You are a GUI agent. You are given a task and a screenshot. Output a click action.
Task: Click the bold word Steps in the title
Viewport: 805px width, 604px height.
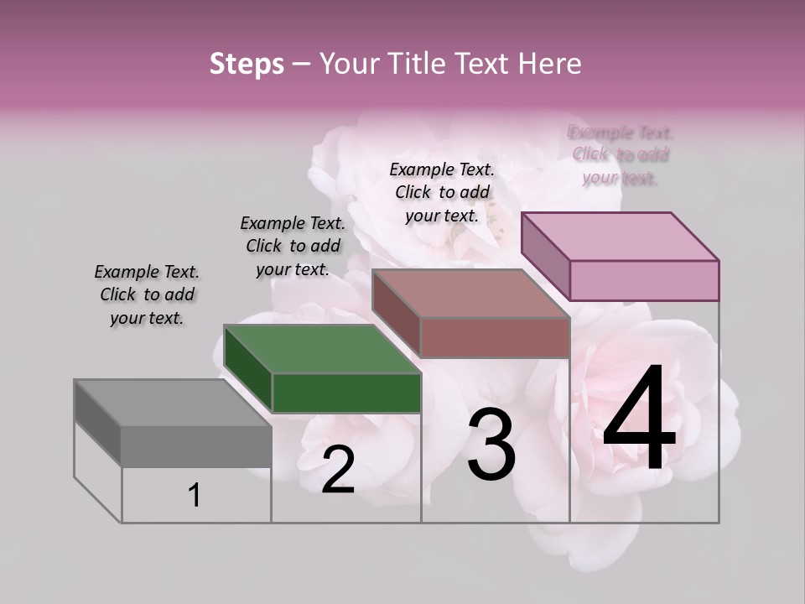click(x=247, y=64)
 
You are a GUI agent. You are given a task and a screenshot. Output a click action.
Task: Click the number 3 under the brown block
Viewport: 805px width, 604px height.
click(x=491, y=445)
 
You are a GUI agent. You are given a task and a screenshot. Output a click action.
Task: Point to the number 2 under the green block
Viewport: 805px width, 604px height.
click(x=338, y=470)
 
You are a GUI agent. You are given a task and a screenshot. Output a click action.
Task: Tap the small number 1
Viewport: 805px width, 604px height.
click(x=194, y=495)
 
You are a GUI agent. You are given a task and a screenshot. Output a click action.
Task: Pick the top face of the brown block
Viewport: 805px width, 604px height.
click(x=470, y=294)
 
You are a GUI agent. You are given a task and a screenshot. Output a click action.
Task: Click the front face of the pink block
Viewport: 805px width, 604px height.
click(x=644, y=280)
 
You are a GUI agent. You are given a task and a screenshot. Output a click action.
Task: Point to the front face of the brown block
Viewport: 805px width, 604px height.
click(x=495, y=337)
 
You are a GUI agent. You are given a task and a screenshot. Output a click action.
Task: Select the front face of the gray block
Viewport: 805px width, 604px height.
click(x=196, y=445)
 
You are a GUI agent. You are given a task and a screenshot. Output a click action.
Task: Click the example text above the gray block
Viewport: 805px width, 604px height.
click(x=147, y=294)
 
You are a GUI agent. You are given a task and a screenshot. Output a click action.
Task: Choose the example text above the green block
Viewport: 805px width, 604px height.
click(x=293, y=246)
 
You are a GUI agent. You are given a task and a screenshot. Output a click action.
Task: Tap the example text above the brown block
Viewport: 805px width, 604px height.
click(x=442, y=192)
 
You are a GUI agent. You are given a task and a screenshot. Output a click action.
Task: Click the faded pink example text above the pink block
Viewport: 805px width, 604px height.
click(x=621, y=154)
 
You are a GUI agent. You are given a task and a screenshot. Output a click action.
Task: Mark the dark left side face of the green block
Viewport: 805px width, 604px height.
click(x=248, y=369)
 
